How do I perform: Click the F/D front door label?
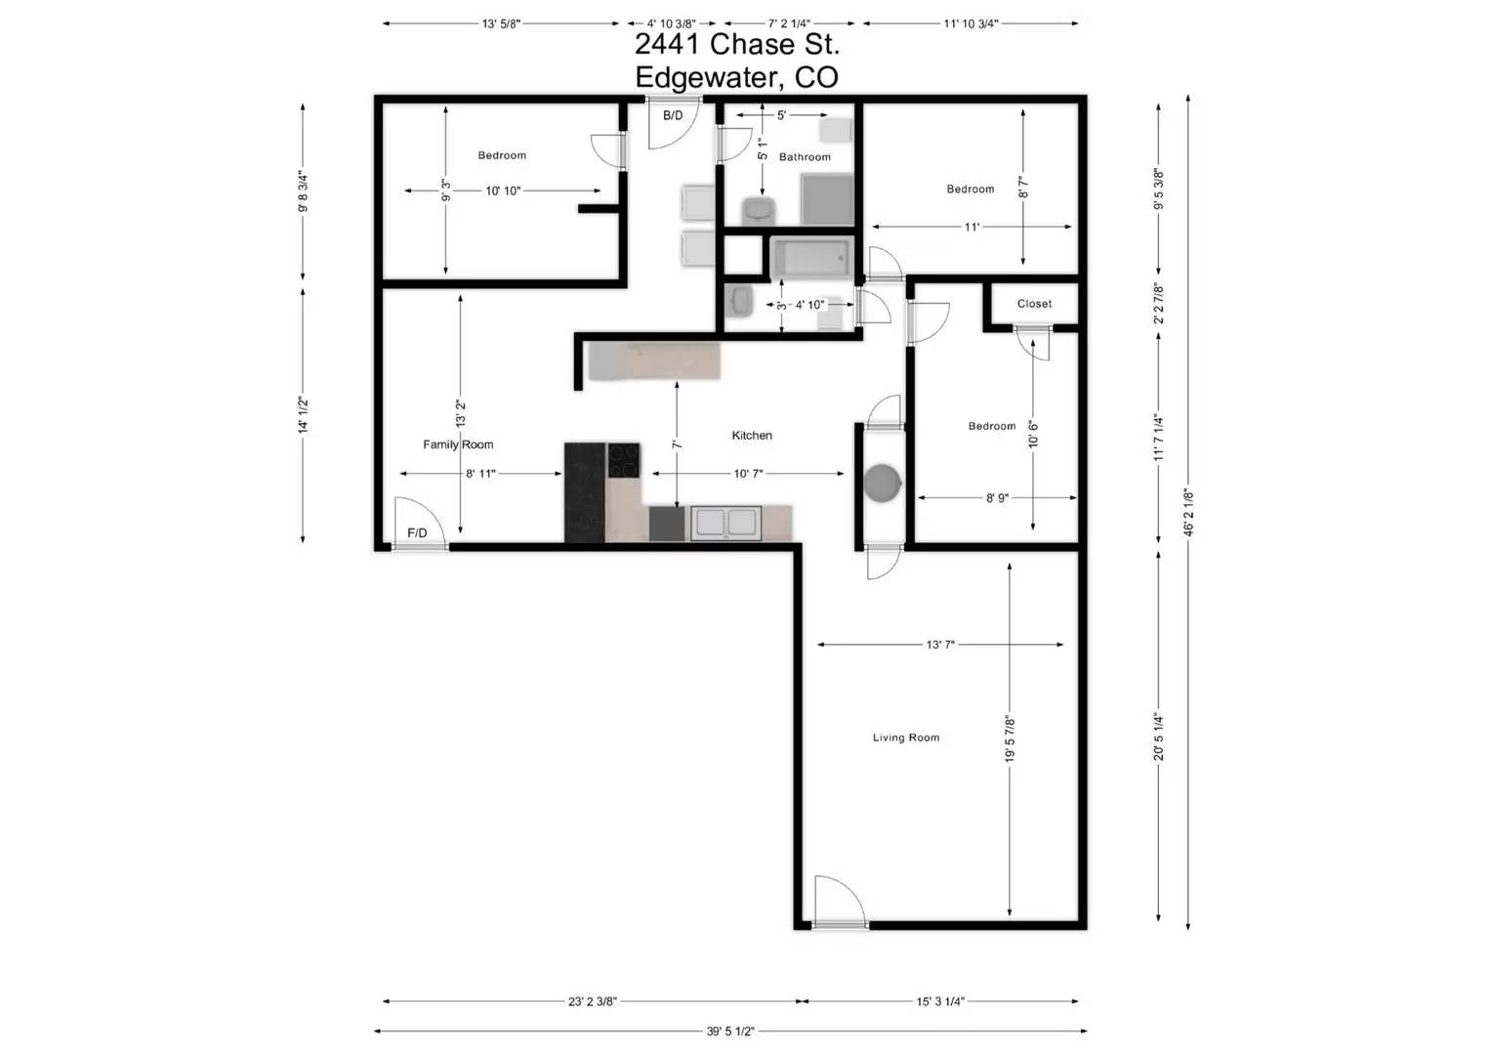pyautogui.click(x=417, y=532)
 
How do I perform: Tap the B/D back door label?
pyautogui.click(x=673, y=115)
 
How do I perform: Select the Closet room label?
pyautogui.click(x=1034, y=304)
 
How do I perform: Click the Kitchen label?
pyautogui.click(x=752, y=436)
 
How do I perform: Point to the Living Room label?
pyautogui.click(x=906, y=738)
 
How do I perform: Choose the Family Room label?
pyautogui.click(x=458, y=444)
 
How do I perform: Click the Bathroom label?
pyautogui.click(x=805, y=157)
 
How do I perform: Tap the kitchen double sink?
pyautogui.click(x=725, y=523)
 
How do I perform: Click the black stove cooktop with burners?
pyautogui.click(x=624, y=460)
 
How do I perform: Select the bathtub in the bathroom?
pyautogui.click(x=811, y=259)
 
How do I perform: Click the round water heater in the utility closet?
pyautogui.click(x=884, y=483)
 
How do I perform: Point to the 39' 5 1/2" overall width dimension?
pyautogui.click(x=730, y=1031)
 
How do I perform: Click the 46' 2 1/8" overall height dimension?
pyautogui.click(x=1188, y=512)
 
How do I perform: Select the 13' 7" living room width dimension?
pyautogui.click(x=940, y=645)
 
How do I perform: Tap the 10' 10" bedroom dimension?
pyautogui.click(x=503, y=191)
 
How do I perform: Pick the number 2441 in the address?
pyautogui.click(x=668, y=44)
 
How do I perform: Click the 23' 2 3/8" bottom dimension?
pyautogui.click(x=593, y=1001)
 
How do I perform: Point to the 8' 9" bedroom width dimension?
pyautogui.click(x=996, y=498)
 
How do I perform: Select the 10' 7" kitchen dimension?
pyautogui.click(x=748, y=474)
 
